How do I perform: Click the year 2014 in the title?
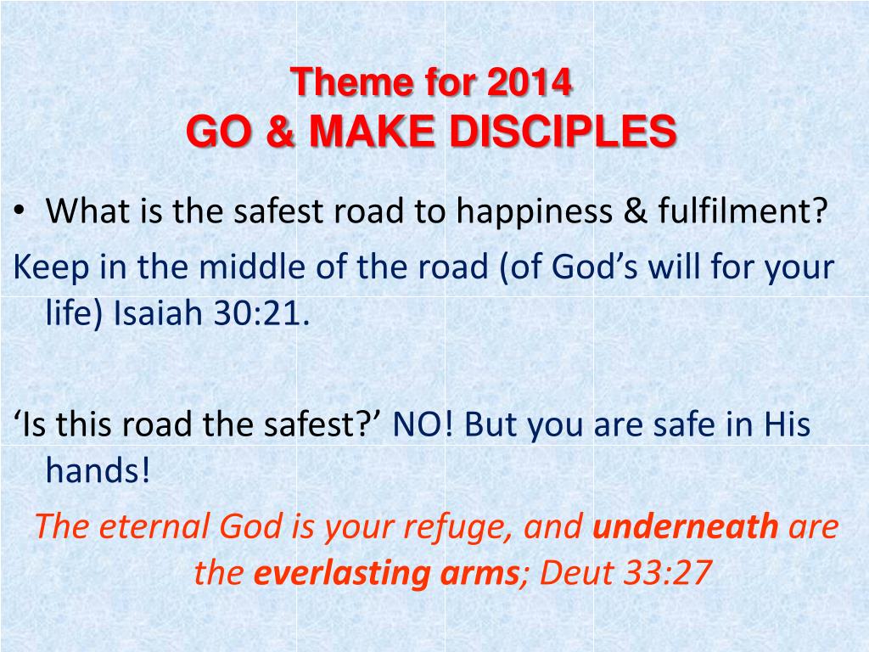pos(530,82)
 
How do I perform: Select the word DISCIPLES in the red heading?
pos(563,132)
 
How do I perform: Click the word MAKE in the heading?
pos(372,132)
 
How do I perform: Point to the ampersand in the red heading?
pos(280,132)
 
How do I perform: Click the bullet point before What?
pos(20,211)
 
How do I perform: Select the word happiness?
pos(535,211)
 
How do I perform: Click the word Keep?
pos(51,267)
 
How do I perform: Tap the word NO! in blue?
pos(423,424)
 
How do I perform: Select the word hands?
pos(98,470)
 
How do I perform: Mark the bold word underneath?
pos(686,526)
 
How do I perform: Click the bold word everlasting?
pos(342,574)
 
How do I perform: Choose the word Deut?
pos(576,573)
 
